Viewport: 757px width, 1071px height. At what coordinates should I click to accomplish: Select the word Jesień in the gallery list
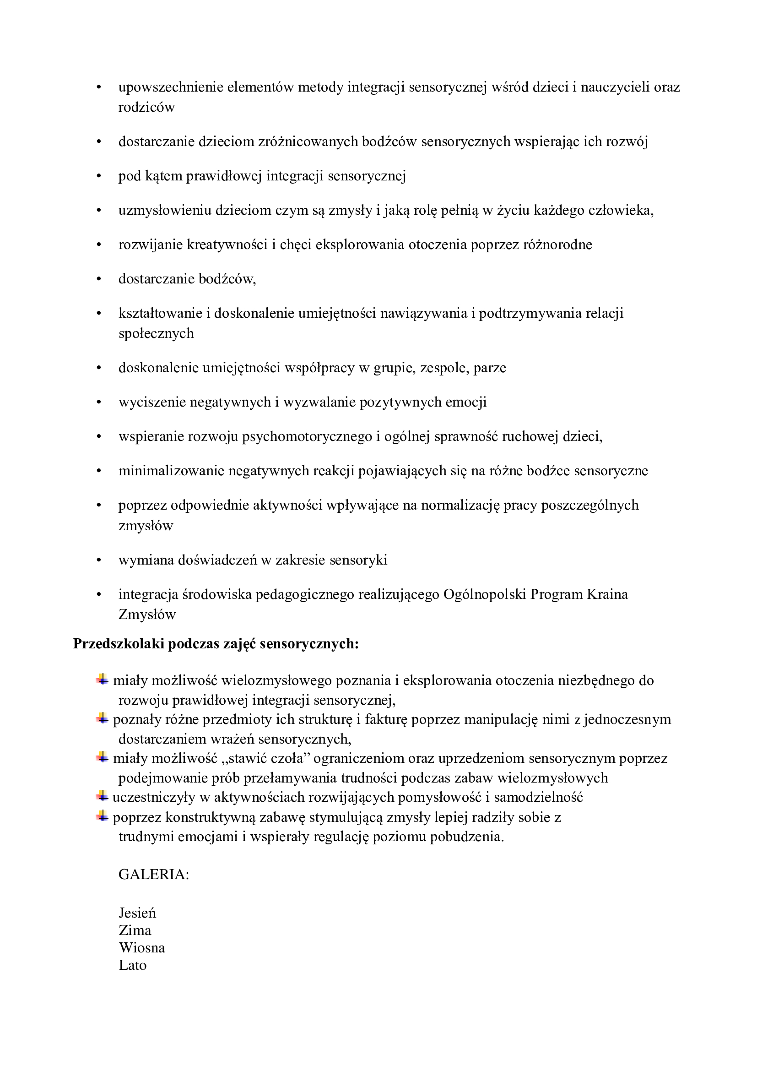137,913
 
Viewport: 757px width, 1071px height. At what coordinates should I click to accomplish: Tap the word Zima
135,930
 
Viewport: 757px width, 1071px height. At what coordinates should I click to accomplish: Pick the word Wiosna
142,947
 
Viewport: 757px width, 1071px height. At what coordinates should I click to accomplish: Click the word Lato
132,965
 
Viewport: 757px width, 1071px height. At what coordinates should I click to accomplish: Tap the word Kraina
607,594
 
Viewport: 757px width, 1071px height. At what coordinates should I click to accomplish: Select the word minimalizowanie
171,471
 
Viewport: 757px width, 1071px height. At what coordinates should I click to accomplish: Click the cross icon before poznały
102,719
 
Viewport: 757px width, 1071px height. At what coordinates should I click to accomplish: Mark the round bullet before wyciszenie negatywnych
99,402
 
